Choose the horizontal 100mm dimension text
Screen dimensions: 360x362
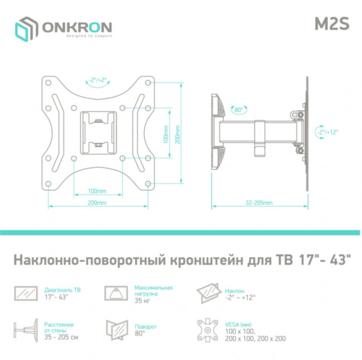tap(97, 191)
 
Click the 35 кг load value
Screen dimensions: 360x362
tap(141, 300)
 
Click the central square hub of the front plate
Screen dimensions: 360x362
tap(98, 131)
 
